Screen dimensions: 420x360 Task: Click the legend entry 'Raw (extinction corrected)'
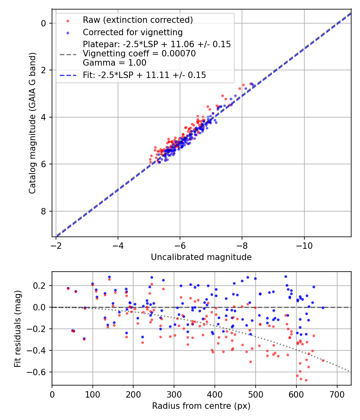tap(138, 20)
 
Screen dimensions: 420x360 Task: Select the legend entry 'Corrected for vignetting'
tap(132, 32)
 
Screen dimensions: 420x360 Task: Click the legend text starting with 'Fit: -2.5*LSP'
tap(144, 75)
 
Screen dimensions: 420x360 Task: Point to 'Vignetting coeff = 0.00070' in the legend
tap(139, 54)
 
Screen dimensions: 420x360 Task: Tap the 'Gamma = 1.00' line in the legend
tap(114, 63)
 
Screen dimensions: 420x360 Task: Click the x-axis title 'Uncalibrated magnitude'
tap(201, 257)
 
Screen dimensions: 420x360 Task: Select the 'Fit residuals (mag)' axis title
tap(17, 328)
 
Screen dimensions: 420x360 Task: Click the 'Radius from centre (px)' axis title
tap(201, 406)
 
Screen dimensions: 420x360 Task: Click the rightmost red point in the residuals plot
tap(323, 360)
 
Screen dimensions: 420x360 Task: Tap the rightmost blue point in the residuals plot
tap(323, 308)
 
